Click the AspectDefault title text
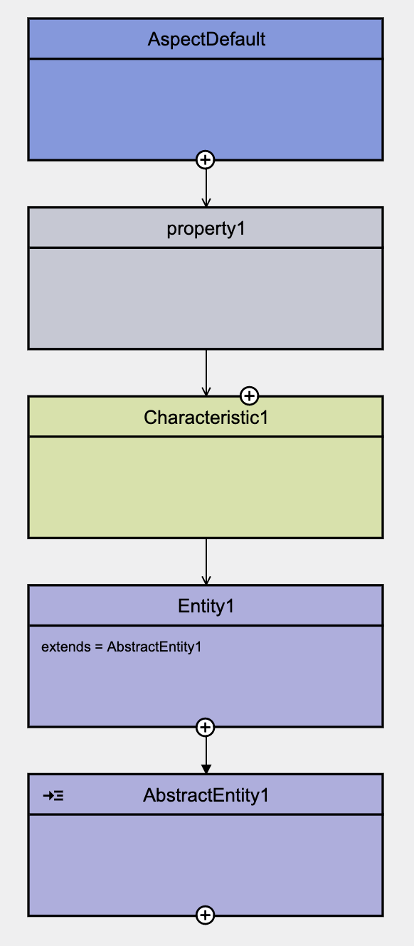pos(206,39)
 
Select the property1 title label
pos(206,228)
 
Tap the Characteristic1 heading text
pos(206,418)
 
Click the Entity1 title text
pos(206,606)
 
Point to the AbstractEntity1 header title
pos(206,795)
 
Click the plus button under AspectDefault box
pos(206,160)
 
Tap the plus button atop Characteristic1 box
pos(249,395)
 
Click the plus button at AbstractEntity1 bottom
pos(206,915)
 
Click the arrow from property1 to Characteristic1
pos(206,373)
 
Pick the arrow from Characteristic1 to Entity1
pos(206,562)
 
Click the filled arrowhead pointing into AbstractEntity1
pos(206,769)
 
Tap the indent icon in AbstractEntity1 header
pos(53,796)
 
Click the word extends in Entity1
pos(66,647)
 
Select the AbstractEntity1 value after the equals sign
pos(154,647)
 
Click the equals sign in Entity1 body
pos(99,647)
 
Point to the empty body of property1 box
pos(206,299)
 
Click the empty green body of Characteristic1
pos(206,487)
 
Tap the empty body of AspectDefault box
pos(206,110)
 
